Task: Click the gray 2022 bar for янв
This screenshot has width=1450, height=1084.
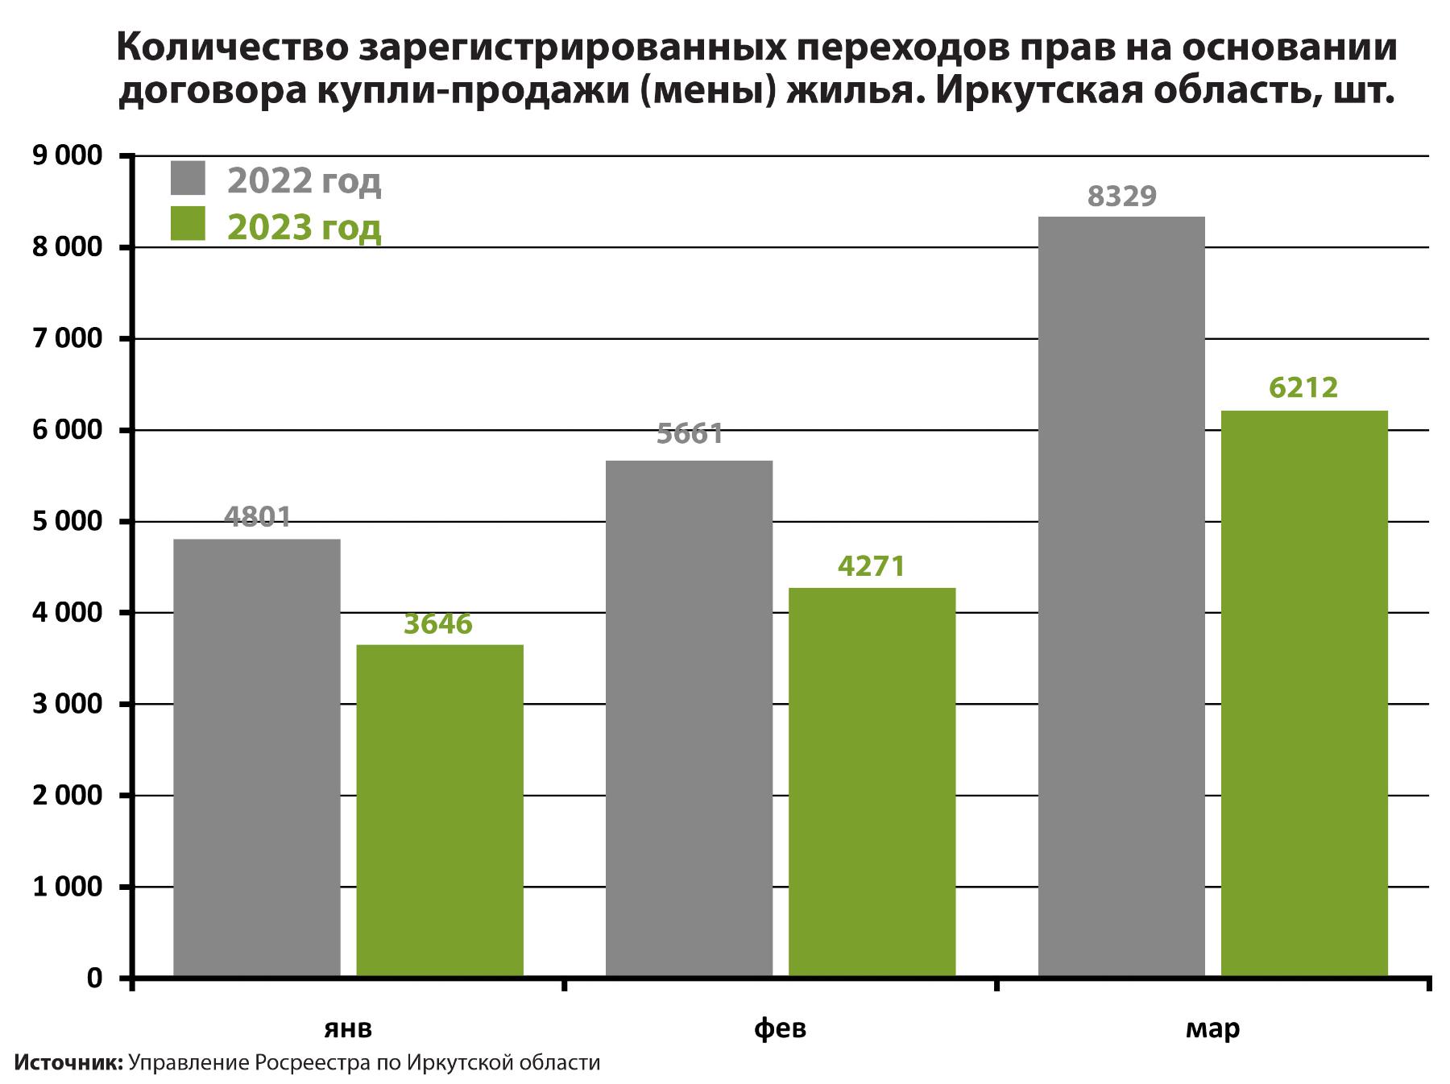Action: point(257,757)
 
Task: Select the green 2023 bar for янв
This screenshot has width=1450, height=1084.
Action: point(440,810)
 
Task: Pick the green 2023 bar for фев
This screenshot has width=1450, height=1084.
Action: point(872,781)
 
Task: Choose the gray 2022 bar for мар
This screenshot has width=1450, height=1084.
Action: point(1121,596)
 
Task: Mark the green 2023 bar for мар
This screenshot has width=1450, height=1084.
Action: point(1304,693)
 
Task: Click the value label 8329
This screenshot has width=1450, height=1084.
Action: point(1121,197)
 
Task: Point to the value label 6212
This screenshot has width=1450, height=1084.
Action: point(1303,388)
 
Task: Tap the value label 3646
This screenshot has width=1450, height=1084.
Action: point(438,624)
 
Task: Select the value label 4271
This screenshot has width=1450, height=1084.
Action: point(872,566)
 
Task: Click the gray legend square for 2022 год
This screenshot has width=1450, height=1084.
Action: point(188,178)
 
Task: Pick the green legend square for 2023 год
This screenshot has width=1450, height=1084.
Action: point(188,224)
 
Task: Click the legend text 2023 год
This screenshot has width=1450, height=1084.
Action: point(304,228)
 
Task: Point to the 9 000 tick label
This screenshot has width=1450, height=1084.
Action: point(68,155)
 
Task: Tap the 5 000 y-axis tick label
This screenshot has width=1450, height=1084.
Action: point(68,522)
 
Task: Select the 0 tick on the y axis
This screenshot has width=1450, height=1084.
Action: point(95,978)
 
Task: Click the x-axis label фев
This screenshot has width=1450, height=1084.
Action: point(780,1028)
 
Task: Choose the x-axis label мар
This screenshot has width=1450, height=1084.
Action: point(1212,1028)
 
